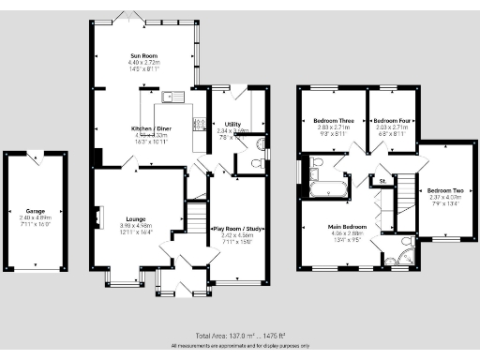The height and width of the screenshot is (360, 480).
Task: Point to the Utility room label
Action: [x=233, y=124]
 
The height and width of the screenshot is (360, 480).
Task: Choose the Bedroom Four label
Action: [x=392, y=121]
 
